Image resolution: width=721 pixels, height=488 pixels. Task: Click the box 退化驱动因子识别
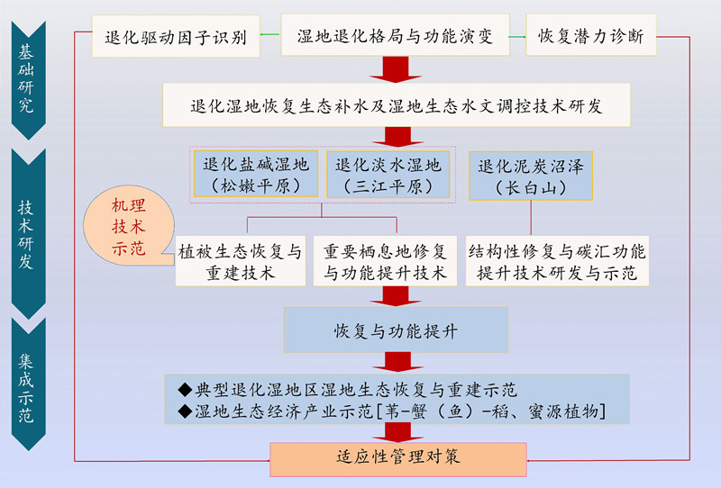pyautogui.click(x=177, y=37)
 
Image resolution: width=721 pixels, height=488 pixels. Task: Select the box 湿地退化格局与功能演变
pyautogui.click(x=394, y=37)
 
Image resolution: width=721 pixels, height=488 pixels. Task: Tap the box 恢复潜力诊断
pyautogui.click(x=591, y=37)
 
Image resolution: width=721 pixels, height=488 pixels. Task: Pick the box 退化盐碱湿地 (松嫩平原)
pyautogui.click(x=256, y=175)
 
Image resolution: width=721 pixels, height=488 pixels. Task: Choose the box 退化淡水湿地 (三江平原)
pyautogui.click(x=388, y=175)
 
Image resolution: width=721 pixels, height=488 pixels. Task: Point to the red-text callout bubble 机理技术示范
pyautogui.click(x=127, y=226)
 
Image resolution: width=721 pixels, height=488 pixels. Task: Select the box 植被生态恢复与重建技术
pyautogui.click(x=239, y=260)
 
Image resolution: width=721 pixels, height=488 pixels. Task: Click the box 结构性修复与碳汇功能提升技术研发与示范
pyautogui.click(x=557, y=261)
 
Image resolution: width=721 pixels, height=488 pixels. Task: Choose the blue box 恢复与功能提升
pyautogui.click(x=396, y=330)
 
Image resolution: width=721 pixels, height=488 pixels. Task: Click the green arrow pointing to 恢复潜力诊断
pyautogui.click(x=516, y=37)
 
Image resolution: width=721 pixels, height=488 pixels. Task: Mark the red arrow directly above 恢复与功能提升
pyautogui.click(x=394, y=296)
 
